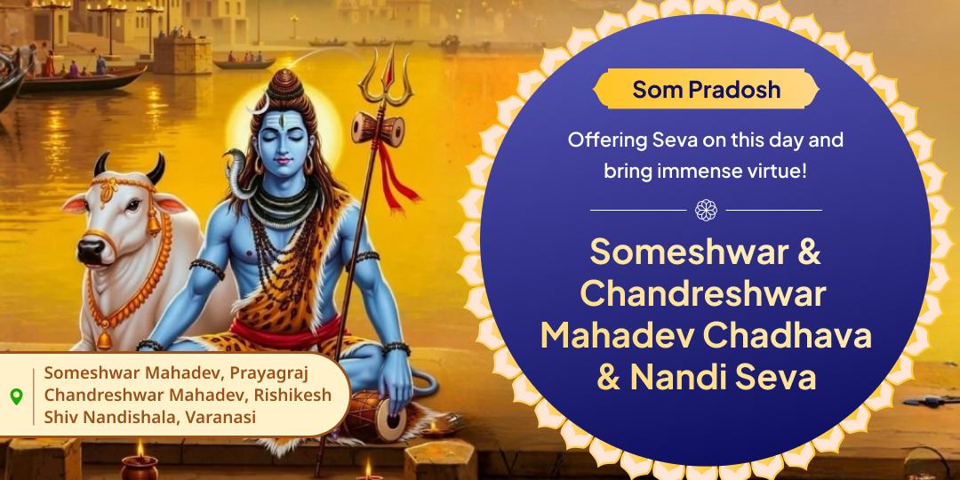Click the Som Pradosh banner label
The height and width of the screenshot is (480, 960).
click(x=706, y=90)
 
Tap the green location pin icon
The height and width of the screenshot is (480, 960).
click(x=17, y=396)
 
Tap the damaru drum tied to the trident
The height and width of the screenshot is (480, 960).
click(x=378, y=129)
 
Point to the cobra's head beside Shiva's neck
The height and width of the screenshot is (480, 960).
click(x=233, y=159)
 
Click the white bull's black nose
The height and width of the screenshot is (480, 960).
click(x=90, y=249)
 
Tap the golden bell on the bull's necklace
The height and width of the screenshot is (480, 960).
click(x=104, y=340)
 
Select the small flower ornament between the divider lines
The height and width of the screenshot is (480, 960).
click(x=706, y=210)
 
